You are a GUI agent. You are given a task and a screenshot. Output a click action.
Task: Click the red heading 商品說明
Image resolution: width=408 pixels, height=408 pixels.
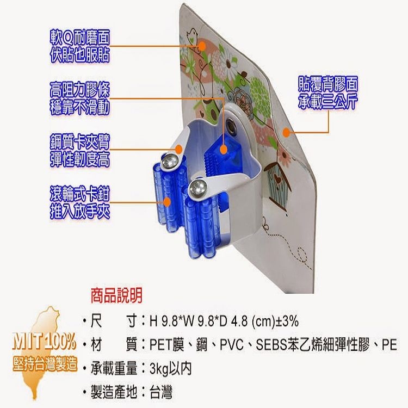(116, 295)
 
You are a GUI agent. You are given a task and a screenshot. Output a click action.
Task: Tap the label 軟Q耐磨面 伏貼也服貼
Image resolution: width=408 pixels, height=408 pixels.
(80, 46)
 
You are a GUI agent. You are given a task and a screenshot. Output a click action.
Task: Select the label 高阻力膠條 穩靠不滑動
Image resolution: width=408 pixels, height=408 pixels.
(80, 98)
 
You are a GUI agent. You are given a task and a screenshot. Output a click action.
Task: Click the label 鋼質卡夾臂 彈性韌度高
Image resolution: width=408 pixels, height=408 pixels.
(80, 150)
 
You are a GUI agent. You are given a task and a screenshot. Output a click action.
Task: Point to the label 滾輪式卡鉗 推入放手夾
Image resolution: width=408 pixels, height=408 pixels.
(80, 202)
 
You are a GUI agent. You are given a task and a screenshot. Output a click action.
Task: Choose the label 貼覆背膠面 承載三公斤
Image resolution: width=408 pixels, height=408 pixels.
(328, 92)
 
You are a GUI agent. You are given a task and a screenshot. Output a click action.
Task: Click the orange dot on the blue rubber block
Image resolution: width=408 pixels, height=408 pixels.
(223, 150)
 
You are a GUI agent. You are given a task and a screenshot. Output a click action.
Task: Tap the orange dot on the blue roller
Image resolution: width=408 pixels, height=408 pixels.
(167, 202)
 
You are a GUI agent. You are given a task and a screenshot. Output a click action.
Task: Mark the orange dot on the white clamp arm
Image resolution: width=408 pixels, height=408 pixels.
(178, 150)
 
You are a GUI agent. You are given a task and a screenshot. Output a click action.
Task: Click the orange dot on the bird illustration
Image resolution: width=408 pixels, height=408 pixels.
(202, 46)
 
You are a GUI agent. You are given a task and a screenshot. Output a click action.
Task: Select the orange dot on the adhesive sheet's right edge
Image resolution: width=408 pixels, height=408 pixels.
(286, 132)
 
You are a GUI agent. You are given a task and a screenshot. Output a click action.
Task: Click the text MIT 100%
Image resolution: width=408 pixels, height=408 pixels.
(44, 342)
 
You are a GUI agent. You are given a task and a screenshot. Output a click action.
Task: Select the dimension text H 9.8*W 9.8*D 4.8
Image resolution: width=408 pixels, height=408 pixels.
(199, 322)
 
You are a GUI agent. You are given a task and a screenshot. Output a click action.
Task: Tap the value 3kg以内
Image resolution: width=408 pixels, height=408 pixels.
(171, 368)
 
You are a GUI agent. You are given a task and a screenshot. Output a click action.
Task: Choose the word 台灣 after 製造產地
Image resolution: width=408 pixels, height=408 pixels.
(161, 392)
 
